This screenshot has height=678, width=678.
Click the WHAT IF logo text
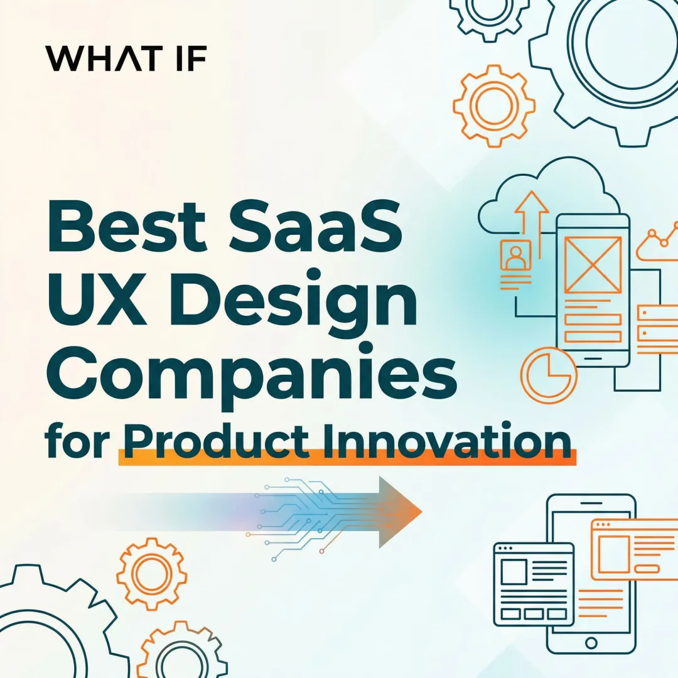point(126,58)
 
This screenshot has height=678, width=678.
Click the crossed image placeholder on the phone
point(593,264)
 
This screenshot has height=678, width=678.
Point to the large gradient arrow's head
point(402,512)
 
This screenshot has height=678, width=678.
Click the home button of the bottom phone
point(591,643)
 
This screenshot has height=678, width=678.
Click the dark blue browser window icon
point(534,584)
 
